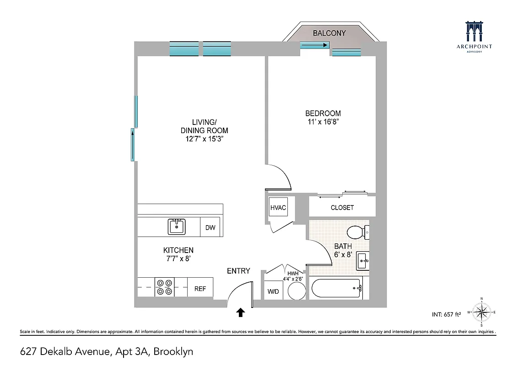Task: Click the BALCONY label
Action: (x=329, y=33)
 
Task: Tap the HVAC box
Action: (x=278, y=208)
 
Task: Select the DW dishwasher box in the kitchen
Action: (x=210, y=227)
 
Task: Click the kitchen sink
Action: (x=176, y=226)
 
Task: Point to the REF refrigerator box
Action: (x=200, y=289)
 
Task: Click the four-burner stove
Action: (x=165, y=287)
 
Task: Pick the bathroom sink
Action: (x=363, y=261)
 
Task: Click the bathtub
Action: (x=337, y=288)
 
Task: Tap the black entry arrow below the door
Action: (x=240, y=312)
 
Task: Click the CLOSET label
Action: (x=342, y=207)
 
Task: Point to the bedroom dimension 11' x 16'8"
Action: (x=323, y=122)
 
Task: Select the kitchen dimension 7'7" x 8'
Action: (x=178, y=258)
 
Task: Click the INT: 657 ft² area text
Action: (x=448, y=314)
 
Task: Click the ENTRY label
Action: (x=238, y=271)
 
